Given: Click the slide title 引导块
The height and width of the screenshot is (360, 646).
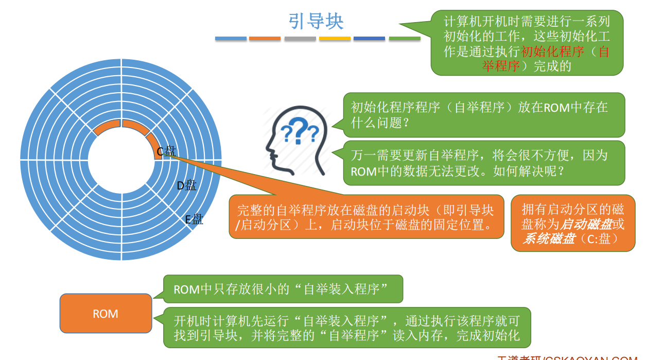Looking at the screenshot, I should click(316, 22).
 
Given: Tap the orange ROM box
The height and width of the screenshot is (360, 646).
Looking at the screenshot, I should click(106, 314).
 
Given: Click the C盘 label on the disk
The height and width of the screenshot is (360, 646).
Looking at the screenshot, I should click(166, 151).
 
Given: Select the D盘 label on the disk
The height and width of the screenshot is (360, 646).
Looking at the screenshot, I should click(186, 185).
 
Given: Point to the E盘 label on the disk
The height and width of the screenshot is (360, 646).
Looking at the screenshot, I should click(194, 219).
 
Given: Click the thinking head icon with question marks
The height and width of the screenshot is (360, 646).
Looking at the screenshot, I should click(296, 139).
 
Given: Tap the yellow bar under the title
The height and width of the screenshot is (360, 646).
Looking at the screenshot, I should click(335, 39).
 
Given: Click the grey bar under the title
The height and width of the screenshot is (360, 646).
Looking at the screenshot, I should click(300, 39).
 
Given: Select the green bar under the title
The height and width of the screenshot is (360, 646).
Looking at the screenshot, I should click(405, 39).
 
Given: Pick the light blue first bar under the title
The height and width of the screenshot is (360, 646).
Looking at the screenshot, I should click(231, 39).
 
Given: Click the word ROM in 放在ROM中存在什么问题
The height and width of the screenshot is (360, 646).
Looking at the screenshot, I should click(556, 107).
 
